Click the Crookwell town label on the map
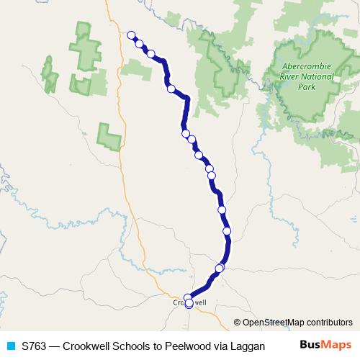tap(190, 303)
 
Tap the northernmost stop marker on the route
tap(131, 35)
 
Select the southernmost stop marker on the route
tap(189, 304)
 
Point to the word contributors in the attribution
tap(329, 323)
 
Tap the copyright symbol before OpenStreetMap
tap(238, 323)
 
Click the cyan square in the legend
tap(11, 346)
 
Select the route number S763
tap(35, 346)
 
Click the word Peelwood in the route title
tap(189, 346)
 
